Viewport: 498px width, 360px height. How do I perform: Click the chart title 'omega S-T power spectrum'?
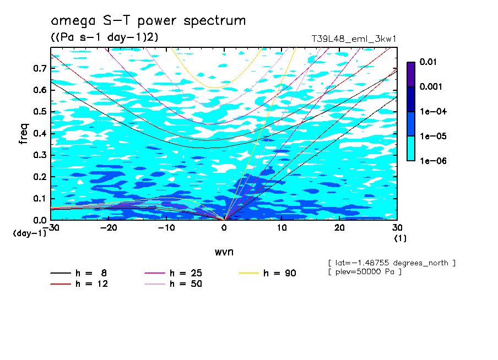click(148, 21)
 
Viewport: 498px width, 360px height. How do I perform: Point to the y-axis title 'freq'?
click(24, 134)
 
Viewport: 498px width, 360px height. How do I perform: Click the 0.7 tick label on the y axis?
click(40, 68)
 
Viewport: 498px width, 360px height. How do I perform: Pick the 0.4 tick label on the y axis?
click(40, 134)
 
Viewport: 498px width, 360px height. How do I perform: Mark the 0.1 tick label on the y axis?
click(40, 199)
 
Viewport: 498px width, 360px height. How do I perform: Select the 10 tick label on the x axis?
click(282, 227)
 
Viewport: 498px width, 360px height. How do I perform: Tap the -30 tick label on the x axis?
click(51, 227)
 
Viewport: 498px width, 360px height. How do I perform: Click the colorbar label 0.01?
click(428, 62)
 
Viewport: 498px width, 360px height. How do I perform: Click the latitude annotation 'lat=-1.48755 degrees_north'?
click(391, 263)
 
